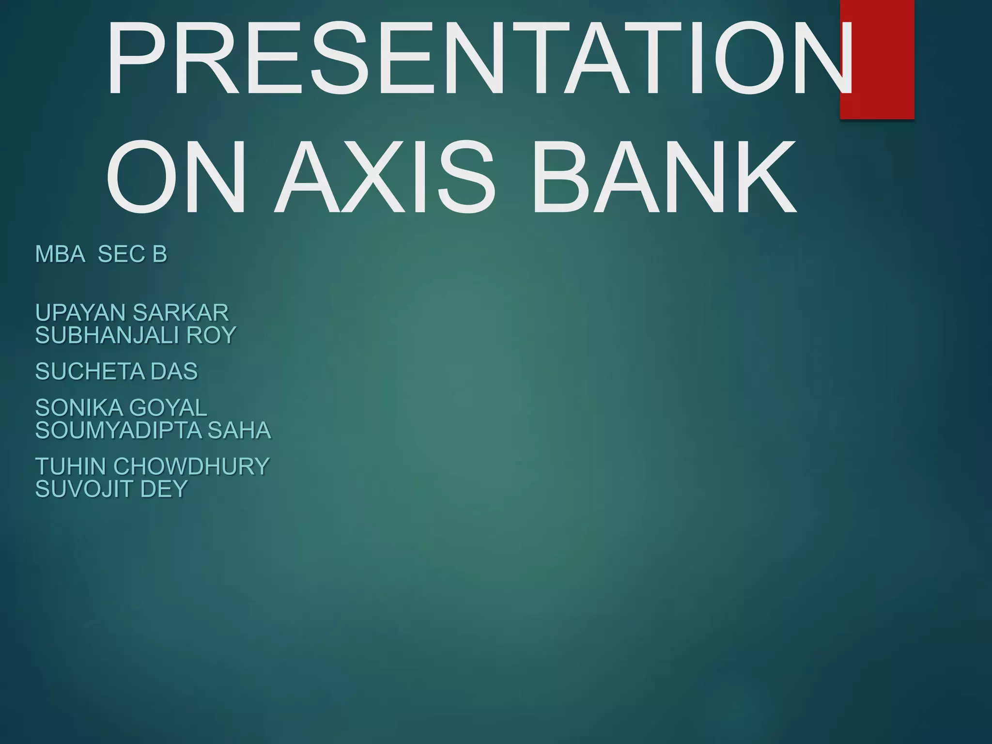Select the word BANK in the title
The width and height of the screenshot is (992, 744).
(x=664, y=177)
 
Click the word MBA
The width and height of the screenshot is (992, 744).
(x=60, y=254)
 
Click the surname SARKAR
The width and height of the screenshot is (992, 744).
(x=180, y=312)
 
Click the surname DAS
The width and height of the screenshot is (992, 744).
(x=174, y=372)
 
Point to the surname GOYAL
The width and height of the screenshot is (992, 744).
(x=168, y=408)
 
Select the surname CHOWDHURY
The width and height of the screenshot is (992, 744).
(x=191, y=466)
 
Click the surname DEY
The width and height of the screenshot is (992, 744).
(x=164, y=489)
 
